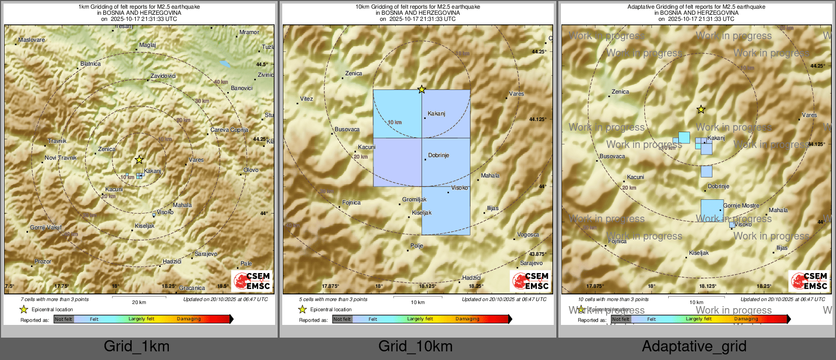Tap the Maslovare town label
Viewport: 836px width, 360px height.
(x=32, y=40)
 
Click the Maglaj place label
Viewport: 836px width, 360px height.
(x=147, y=45)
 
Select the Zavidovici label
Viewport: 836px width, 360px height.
(x=163, y=76)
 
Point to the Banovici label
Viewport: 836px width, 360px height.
(x=242, y=88)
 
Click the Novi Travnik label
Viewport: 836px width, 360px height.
(x=61, y=158)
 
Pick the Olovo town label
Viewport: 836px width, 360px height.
(x=251, y=170)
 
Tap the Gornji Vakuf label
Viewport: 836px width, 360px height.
(x=46, y=227)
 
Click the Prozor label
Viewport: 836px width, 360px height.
(x=43, y=261)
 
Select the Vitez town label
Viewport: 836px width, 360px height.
(x=307, y=99)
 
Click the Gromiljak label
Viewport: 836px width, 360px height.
(x=414, y=199)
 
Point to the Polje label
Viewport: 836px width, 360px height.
(x=417, y=246)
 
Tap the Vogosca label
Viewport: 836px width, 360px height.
(x=528, y=234)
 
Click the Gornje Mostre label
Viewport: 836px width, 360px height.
(x=741, y=205)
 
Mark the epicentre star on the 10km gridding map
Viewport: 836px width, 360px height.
(x=422, y=89)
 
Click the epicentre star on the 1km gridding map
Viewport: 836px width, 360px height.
(x=139, y=160)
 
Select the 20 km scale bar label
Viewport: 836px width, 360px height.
(x=139, y=302)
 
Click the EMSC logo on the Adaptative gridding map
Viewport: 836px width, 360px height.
(x=809, y=281)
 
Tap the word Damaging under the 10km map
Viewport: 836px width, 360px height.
(x=467, y=319)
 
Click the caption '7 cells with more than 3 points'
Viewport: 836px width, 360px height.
(x=55, y=299)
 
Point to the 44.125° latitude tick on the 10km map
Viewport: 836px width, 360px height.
(x=538, y=119)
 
